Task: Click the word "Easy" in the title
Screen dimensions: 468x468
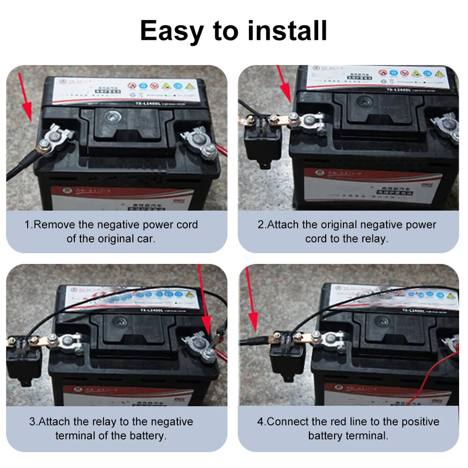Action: point(172,31)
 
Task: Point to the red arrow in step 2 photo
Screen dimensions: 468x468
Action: point(284,84)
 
